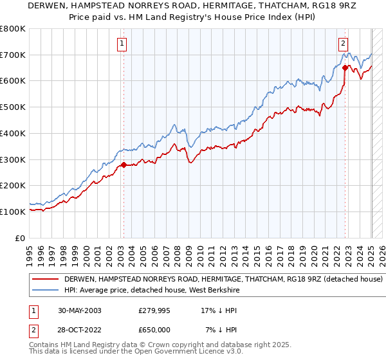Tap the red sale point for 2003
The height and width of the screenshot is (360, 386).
click(x=124, y=165)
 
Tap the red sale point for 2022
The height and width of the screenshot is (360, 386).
click(x=345, y=67)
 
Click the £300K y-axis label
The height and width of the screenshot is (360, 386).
click(x=14, y=159)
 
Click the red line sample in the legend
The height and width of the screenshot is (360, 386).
click(x=46, y=280)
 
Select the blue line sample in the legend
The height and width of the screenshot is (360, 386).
click(x=46, y=291)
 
